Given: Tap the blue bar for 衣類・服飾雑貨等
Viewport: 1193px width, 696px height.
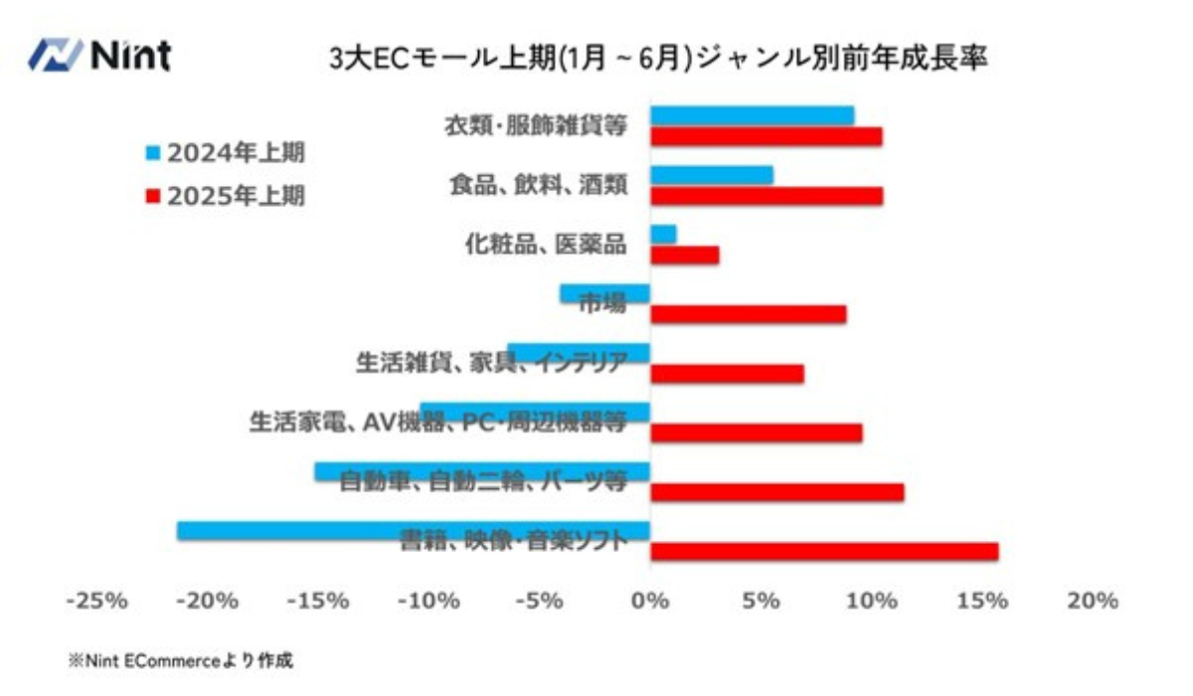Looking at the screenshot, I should click(x=752, y=115).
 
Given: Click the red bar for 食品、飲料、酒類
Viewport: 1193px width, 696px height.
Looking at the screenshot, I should click(x=766, y=196).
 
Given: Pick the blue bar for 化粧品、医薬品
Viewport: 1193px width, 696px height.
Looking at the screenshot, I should click(x=663, y=235).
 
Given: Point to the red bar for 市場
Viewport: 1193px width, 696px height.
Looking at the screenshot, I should click(x=748, y=314).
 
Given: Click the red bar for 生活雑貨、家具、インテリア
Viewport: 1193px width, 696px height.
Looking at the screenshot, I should click(x=727, y=374).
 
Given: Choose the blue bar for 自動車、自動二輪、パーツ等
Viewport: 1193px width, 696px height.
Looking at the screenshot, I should click(x=482, y=471).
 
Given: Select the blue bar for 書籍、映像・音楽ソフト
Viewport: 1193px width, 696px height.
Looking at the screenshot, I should click(x=414, y=531).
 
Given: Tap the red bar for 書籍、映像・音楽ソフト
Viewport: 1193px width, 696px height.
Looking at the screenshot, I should click(x=824, y=552).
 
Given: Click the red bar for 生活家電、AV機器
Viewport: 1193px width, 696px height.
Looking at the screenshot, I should click(x=756, y=434).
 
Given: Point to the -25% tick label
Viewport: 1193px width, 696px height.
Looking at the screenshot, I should click(x=95, y=602).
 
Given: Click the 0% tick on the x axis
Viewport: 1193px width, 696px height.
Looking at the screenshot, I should click(x=650, y=602).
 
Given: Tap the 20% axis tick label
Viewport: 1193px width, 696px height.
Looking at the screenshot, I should click(x=1094, y=602).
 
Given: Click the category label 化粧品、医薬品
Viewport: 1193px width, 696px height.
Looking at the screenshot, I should click(x=546, y=244).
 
